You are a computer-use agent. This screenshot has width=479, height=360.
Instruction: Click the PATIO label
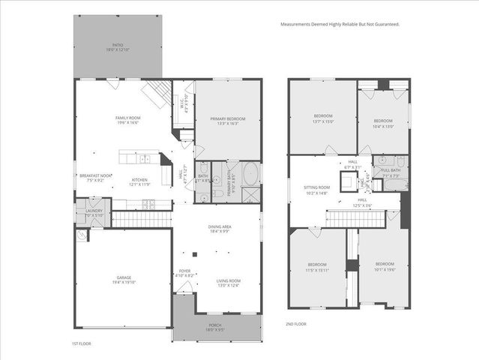point(118,45)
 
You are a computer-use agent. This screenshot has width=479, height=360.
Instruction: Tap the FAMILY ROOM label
point(128,118)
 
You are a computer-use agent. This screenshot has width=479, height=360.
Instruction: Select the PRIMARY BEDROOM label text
point(228,118)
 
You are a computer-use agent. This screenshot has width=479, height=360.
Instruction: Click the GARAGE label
point(124,277)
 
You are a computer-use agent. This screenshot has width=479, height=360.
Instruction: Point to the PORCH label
point(217,325)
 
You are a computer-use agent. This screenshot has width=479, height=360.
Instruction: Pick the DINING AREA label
point(220,226)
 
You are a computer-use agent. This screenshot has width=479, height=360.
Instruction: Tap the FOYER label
point(184,271)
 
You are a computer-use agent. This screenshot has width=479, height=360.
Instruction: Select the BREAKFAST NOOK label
point(95,175)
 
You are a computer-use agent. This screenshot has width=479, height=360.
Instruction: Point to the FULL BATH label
point(391,170)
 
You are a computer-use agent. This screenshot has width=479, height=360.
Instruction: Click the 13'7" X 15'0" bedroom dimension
point(322,121)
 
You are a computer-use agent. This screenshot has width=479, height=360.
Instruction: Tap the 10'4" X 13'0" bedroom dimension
point(383,126)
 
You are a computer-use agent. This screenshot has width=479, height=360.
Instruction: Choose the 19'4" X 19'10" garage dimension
point(124,283)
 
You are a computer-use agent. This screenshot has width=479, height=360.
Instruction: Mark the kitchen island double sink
point(144,159)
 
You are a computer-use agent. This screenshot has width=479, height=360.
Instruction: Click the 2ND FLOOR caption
point(297,324)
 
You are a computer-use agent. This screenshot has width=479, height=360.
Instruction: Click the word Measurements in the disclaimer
point(294,24)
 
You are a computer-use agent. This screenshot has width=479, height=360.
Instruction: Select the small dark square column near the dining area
point(193,253)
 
